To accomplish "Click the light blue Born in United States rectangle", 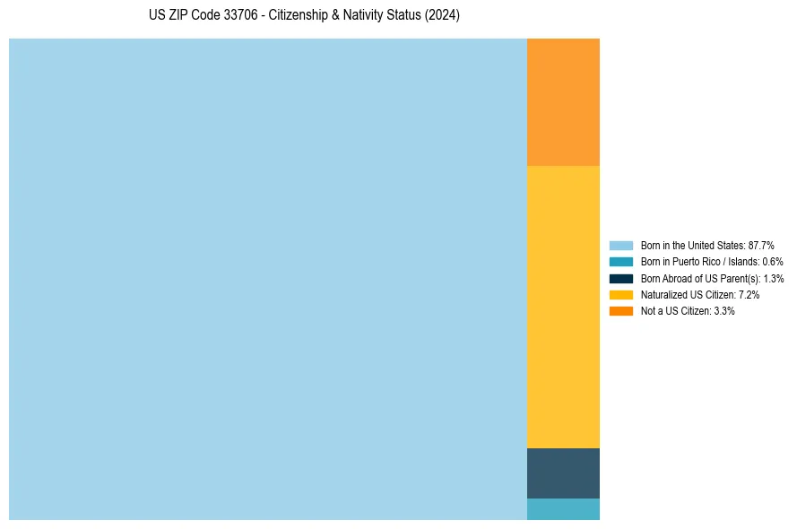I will pos(267,279).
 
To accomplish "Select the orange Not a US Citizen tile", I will pos(563,102).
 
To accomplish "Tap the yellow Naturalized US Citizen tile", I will pos(563,307).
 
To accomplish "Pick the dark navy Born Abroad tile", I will pos(563,473).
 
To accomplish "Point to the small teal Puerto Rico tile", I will pos(563,508).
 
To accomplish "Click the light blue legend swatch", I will pos(620,245).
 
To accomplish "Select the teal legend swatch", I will pos(620,262).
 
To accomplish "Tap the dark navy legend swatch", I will pos(620,278).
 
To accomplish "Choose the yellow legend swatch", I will pos(620,294).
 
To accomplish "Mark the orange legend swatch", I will pos(620,311).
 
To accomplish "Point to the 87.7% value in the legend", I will pos(761,245).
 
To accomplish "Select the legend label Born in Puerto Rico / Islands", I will pos(700,262).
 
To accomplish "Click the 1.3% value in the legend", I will pos(773,278).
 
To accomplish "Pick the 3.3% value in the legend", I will pos(724,311).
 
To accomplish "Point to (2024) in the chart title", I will pos(442,16).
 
